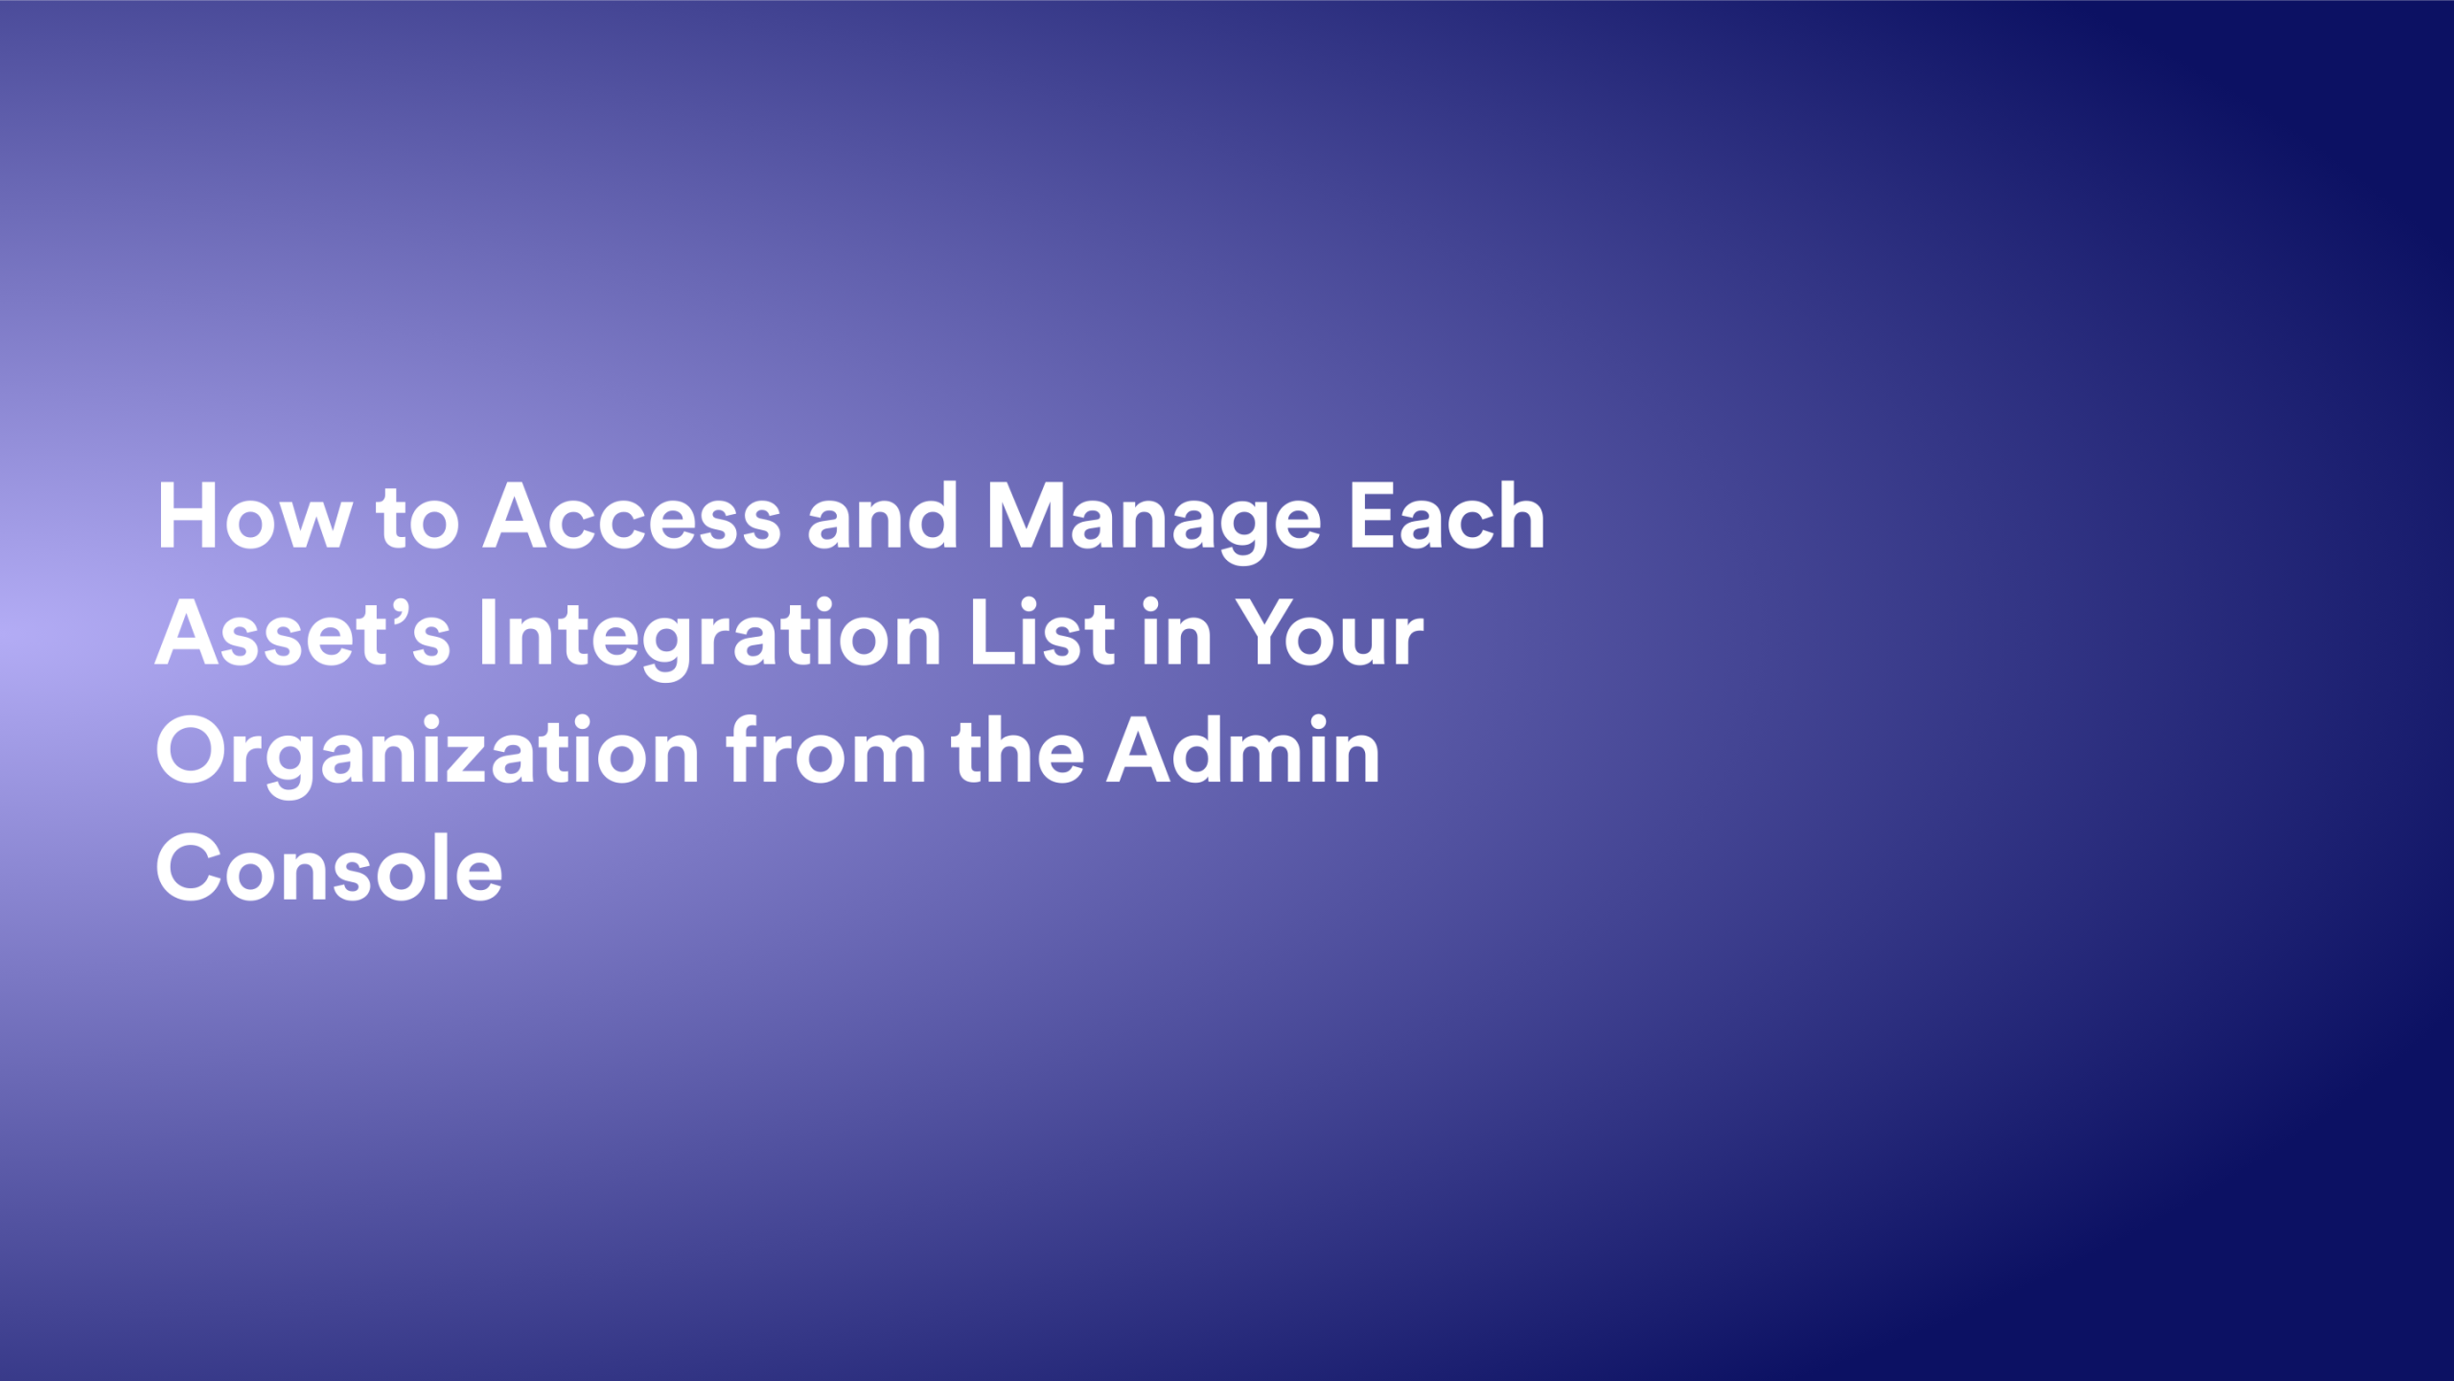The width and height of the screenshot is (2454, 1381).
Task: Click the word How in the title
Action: (254, 518)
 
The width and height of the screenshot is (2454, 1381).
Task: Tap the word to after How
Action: (417, 518)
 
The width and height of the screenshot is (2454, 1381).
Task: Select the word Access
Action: (632, 518)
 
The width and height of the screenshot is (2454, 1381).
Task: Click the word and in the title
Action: (882, 518)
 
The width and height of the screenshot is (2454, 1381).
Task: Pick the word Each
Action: (1447, 518)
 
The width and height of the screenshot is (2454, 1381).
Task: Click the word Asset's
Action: (303, 634)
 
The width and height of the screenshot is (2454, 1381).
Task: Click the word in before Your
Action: (1176, 633)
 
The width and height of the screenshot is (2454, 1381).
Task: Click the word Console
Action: (329, 868)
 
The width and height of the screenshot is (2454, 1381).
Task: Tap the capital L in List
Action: (989, 633)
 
